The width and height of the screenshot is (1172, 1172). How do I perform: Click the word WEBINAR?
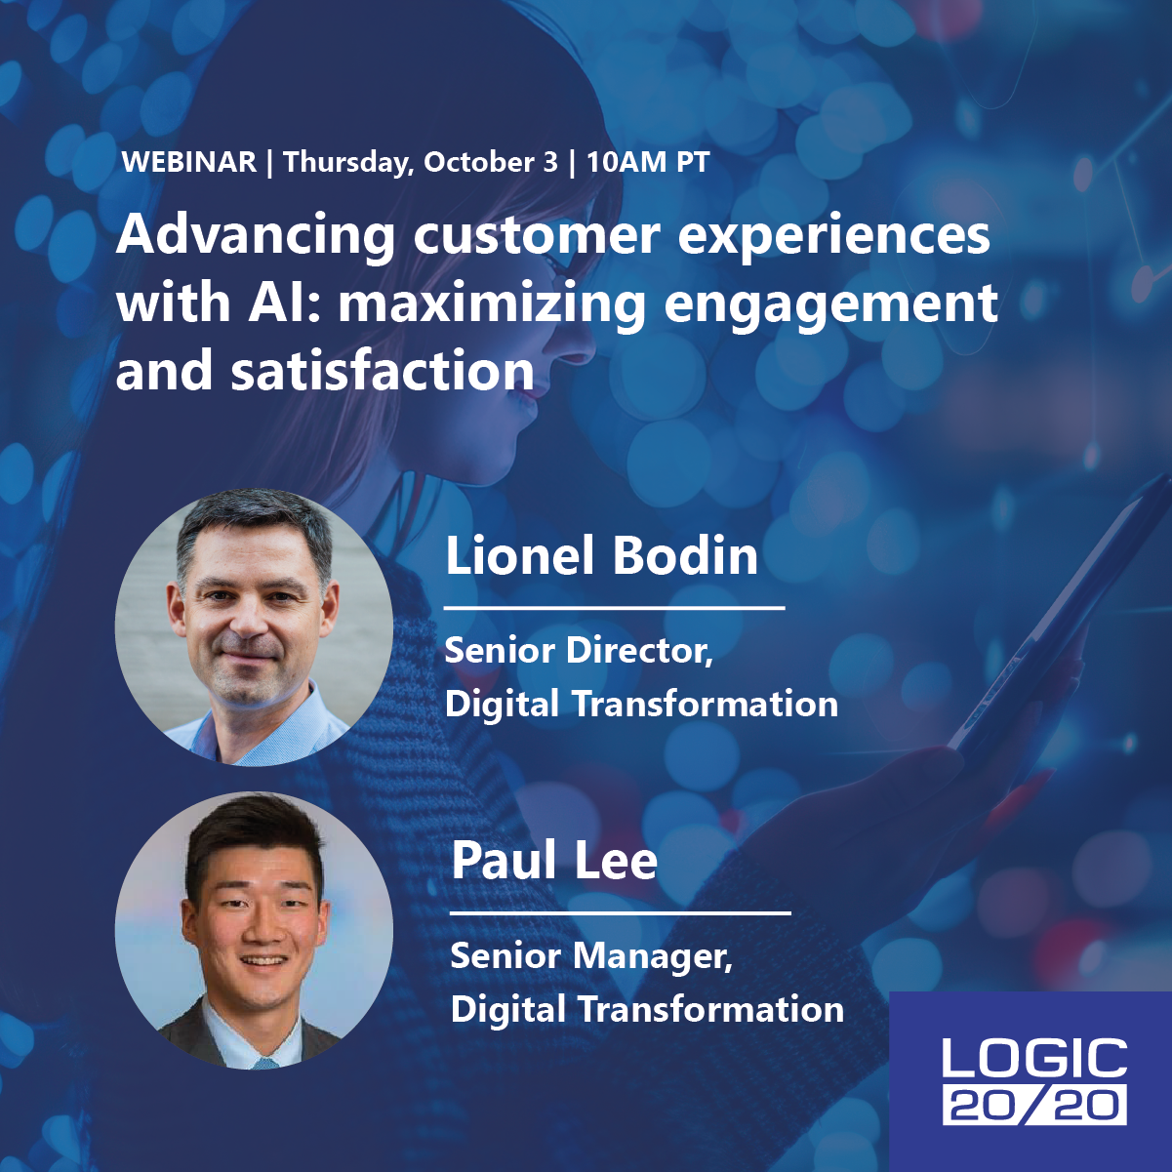pos(189,162)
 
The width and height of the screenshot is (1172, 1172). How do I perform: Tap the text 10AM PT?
pos(648,162)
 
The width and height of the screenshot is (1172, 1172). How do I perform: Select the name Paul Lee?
pos(554,861)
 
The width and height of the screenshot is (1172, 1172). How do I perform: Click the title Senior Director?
pos(579,651)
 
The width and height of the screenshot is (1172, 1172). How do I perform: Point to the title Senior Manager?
pos(591,956)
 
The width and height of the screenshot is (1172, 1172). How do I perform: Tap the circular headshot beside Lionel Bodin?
pos(254,626)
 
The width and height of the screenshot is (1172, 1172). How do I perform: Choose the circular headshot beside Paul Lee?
pos(254,931)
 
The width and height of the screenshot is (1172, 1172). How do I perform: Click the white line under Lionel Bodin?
pos(614,607)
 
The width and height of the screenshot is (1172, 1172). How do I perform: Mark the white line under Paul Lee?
pos(621,912)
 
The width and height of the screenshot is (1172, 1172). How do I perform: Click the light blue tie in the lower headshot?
pos(264,1063)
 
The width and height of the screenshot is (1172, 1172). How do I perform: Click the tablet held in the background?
pos(1028,621)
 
